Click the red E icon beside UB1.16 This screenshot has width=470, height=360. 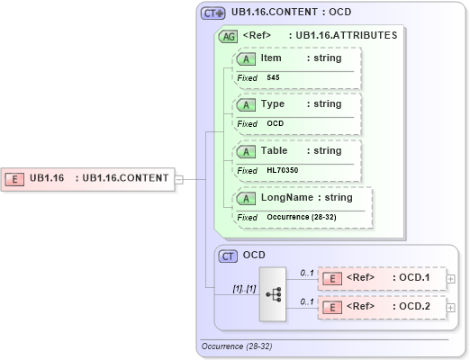pyautogui.click(x=16, y=178)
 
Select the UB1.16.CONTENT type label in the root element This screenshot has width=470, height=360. pyautogui.click(x=125, y=178)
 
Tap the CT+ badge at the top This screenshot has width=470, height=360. pyautogui.click(x=212, y=13)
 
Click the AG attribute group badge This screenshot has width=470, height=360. pyautogui.click(x=229, y=36)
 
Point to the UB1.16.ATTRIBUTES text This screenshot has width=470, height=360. pyautogui.click(x=346, y=36)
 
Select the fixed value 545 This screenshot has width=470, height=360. pyautogui.click(x=273, y=77)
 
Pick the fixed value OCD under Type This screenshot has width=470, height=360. pyautogui.click(x=275, y=123)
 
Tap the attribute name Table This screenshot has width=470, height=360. pyautogui.click(x=275, y=151)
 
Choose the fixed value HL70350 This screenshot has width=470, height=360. pyautogui.click(x=282, y=170)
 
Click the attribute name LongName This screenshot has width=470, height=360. pyautogui.click(x=282, y=198)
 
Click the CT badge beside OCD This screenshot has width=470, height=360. pyautogui.click(x=229, y=256)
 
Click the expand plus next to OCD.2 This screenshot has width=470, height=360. pyautogui.click(x=451, y=308)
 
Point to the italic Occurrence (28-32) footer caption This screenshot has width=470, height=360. pyautogui.click(x=236, y=346)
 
